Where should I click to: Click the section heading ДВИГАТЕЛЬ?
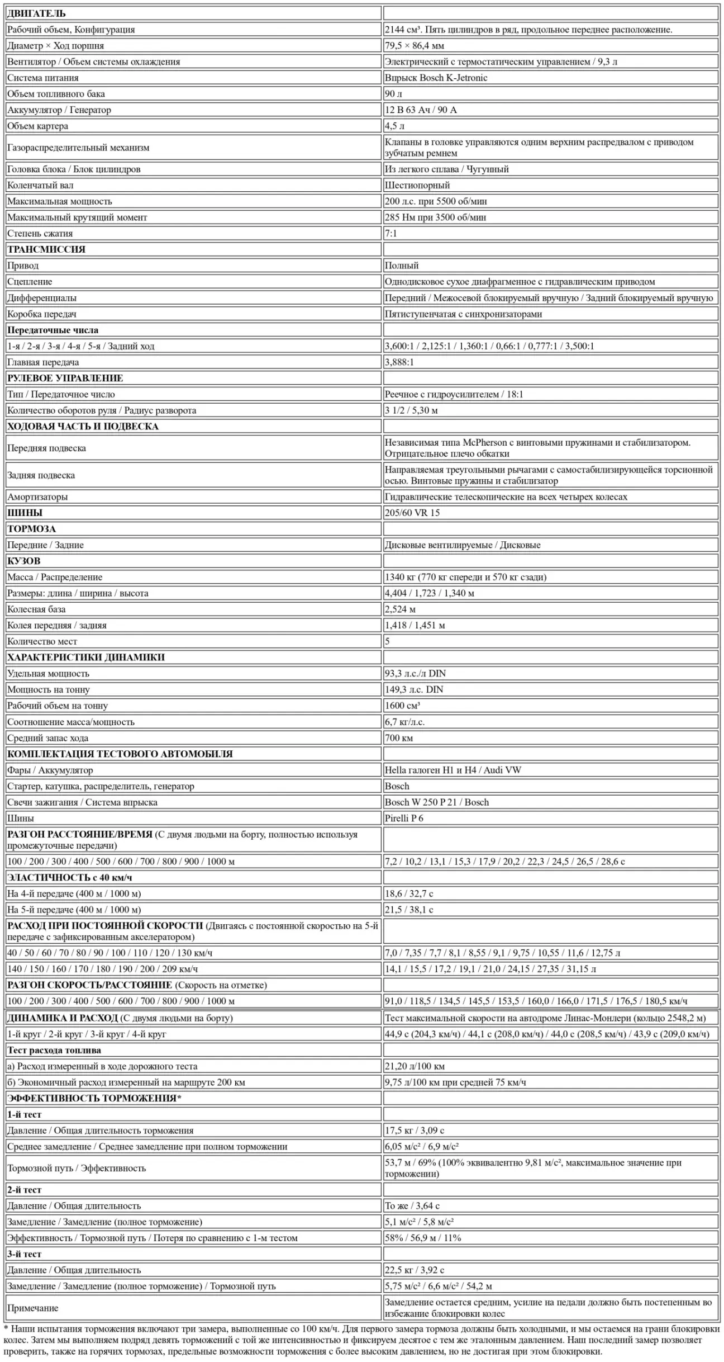click(x=36, y=13)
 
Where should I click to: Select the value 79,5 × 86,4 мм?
click(x=414, y=46)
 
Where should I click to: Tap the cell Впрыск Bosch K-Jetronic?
click(x=436, y=78)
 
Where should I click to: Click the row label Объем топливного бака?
click(x=56, y=94)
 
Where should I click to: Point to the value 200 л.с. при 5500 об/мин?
click(x=436, y=201)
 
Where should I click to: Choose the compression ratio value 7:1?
click(x=390, y=234)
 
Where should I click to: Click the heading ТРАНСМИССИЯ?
click(x=46, y=249)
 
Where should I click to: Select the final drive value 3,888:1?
click(x=399, y=362)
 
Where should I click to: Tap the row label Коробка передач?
click(x=42, y=314)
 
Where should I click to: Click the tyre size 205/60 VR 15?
click(x=412, y=513)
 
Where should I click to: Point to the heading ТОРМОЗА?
click(x=31, y=529)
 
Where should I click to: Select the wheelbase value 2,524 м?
click(x=400, y=609)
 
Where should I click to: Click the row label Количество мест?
click(x=42, y=641)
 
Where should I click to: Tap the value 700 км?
click(x=398, y=738)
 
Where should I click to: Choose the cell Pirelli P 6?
click(x=404, y=819)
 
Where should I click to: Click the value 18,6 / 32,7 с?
click(x=408, y=894)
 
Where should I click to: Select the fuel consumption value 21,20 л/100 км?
click(x=415, y=1066)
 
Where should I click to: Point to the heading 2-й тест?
click(x=25, y=1190)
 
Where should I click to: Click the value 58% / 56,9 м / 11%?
click(x=422, y=1238)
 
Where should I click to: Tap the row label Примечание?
click(x=32, y=1308)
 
